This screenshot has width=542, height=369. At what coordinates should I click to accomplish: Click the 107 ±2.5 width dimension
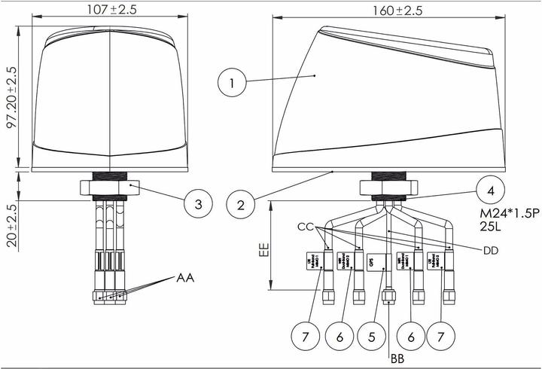110,10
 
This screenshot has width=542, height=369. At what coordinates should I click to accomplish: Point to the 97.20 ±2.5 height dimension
11,98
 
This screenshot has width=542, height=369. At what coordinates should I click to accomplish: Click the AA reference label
186,278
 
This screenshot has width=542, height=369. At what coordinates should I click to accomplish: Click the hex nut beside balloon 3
111,186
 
